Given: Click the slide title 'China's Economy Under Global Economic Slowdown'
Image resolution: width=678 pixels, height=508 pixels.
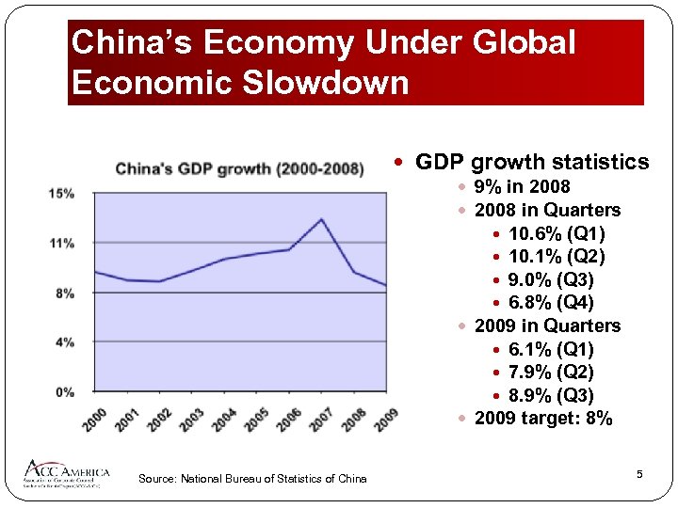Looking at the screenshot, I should [323, 63].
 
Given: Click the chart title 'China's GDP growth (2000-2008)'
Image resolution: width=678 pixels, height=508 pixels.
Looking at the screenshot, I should [239, 169].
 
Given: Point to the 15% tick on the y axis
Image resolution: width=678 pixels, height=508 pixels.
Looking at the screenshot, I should [63, 194].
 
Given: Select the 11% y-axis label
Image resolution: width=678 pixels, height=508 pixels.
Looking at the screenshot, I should [63, 244].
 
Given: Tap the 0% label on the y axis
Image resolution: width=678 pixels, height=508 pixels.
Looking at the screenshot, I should [63, 391].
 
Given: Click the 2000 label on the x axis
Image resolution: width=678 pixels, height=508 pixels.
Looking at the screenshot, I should [93, 420].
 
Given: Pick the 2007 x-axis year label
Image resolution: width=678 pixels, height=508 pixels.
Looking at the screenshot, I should [320, 420].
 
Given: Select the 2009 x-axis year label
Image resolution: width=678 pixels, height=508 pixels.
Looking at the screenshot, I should [385, 420].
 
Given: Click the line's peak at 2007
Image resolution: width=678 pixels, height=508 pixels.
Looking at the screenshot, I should [322, 219].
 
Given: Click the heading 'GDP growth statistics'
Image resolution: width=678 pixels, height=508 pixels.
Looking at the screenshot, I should [532, 162].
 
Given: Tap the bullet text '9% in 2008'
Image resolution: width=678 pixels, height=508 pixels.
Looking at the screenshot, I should [522, 186].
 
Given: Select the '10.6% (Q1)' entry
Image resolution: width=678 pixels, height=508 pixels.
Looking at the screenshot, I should [557, 233].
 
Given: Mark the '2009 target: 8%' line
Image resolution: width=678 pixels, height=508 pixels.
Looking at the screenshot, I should [543, 419].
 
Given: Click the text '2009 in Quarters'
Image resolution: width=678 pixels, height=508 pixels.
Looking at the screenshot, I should [547, 325].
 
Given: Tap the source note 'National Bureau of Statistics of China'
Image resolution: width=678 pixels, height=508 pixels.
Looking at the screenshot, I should [252, 479].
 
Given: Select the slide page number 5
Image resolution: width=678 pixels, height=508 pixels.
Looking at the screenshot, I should [639, 474].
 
